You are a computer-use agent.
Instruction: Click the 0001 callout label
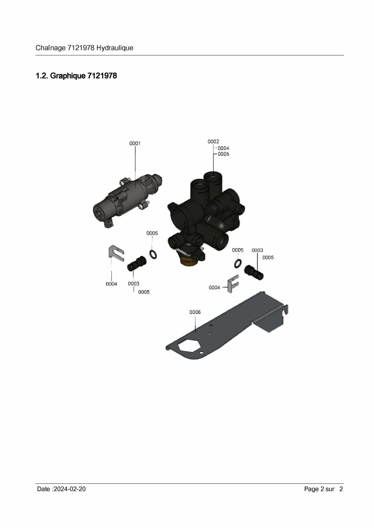135,143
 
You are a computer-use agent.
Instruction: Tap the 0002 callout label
213,142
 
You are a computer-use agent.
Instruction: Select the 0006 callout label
195,312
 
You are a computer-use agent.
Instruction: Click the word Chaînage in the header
50,48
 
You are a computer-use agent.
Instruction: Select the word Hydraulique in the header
115,48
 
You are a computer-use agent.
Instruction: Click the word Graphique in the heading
68,76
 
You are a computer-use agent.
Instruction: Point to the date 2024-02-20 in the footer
69,489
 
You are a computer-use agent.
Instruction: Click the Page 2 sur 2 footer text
323,489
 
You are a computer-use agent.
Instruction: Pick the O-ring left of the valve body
153,254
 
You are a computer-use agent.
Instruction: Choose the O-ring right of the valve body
238,263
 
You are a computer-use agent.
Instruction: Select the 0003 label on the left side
134,284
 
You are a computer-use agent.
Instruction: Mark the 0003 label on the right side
257,250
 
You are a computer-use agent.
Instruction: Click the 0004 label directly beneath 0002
223,148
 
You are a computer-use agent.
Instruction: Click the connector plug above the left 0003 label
137,264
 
